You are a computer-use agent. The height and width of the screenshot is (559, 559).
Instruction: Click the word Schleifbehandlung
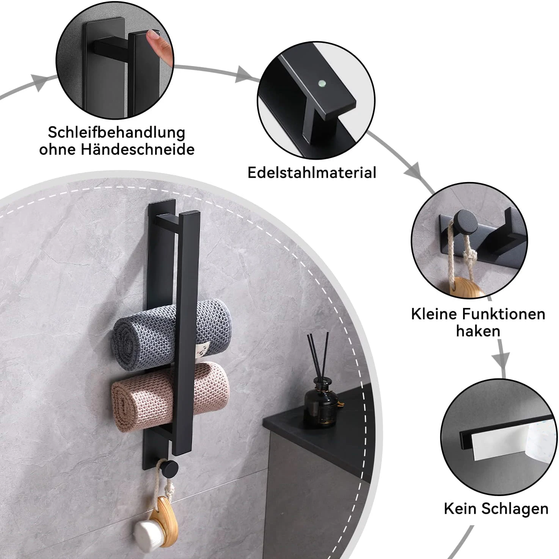(x=116, y=133)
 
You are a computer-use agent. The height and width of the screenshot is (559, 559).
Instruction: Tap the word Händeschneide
(x=137, y=149)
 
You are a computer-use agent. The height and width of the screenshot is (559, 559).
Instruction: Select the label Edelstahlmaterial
(x=312, y=173)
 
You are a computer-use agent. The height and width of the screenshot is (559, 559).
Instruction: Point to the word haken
(x=478, y=331)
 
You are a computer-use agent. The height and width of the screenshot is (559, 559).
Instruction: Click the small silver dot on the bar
(x=322, y=82)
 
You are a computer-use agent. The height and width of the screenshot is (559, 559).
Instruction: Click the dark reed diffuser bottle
(x=321, y=406)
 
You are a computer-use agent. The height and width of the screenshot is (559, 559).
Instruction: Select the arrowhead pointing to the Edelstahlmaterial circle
(x=243, y=74)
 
